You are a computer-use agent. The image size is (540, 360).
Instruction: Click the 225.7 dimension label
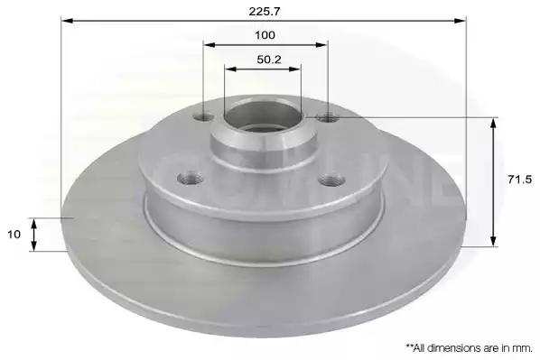pos(265,12)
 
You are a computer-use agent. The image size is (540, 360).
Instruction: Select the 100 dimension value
pos(265,35)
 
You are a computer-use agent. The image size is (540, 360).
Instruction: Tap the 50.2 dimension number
pos(269,60)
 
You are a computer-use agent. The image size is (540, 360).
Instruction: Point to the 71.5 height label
pos(519,180)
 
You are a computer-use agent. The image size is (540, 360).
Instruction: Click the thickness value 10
pos(14,235)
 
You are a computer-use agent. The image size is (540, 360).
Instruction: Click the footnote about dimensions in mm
pos(469,348)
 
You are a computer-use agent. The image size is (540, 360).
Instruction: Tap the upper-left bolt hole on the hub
pos(203,117)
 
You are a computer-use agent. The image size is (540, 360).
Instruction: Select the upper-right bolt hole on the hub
pos(328,118)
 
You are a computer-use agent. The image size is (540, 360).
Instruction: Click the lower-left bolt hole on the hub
pos(190,179)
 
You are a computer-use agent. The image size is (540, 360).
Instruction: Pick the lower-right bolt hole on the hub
pos(331,180)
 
